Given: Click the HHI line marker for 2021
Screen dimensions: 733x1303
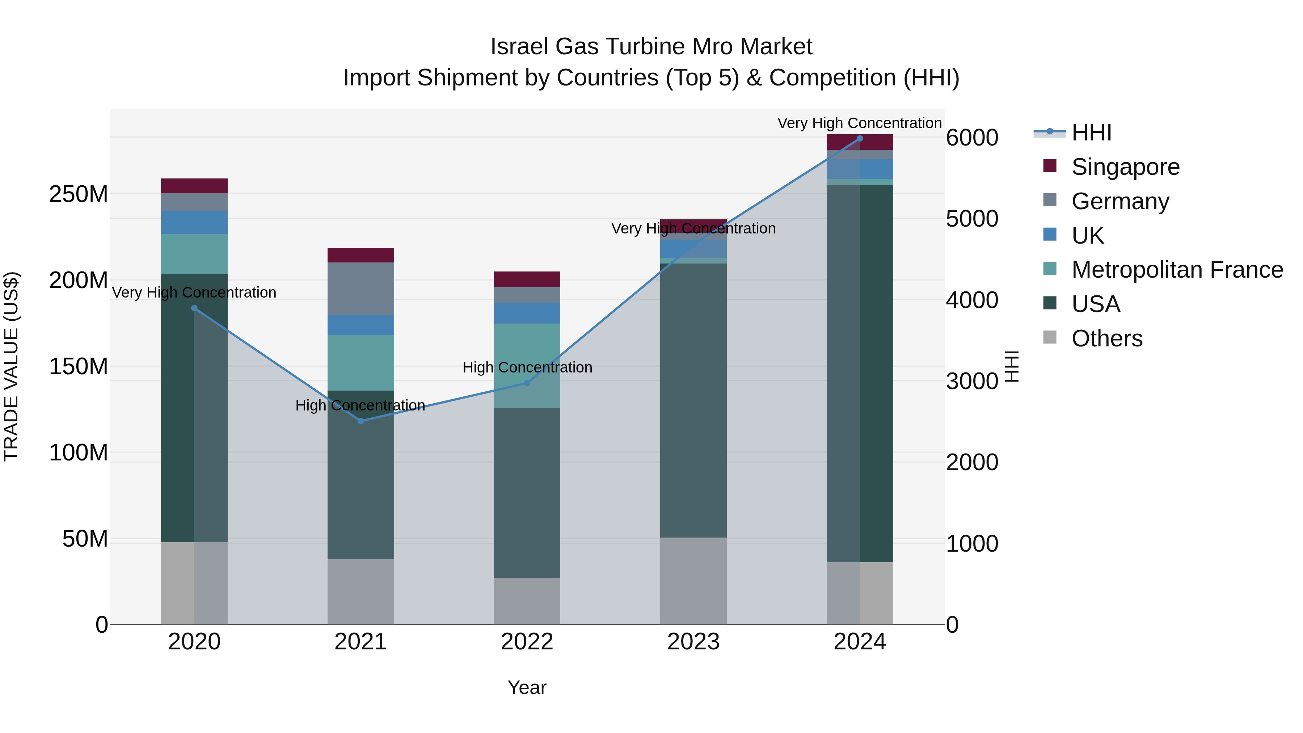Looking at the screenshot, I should pyautogui.click(x=360, y=421).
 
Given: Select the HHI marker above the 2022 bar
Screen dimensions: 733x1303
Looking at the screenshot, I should pyautogui.click(x=527, y=383).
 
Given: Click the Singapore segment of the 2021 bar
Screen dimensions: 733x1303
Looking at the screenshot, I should pyautogui.click(x=360, y=255).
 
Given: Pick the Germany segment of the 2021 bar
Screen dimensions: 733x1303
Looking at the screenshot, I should pyautogui.click(x=360, y=288).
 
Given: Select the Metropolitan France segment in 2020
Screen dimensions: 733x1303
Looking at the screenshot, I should pyautogui.click(x=194, y=254).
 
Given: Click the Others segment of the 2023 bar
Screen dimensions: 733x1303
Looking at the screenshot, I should pyautogui.click(x=693, y=580).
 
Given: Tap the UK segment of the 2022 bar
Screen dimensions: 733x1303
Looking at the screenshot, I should pyautogui.click(x=527, y=313).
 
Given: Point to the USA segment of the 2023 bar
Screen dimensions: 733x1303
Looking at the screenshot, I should pyautogui.click(x=693, y=400).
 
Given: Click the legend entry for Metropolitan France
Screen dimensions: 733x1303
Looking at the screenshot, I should pyautogui.click(x=1177, y=270).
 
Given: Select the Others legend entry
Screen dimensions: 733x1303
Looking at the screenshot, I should pyautogui.click(x=1107, y=338).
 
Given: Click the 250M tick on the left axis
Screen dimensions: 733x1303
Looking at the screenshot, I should pyautogui.click(x=79, y=194).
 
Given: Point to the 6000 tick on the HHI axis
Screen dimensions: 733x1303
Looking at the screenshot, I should pyautogui.click(x=972, y=138).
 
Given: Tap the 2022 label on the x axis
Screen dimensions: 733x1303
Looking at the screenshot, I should pyautogui.click(x=527, y=642).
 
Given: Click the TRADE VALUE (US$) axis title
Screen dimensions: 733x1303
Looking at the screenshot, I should pyautogui.click(x=11, y=366).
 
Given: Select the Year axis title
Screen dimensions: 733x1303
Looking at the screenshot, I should pyautogui.click(x=527, y=687).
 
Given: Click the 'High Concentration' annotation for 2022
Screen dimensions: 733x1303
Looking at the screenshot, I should pyautogui.click(x=527, y=367).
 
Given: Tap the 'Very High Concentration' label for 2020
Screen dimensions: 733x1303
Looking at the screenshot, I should pyautogui.click(x=194, y=292).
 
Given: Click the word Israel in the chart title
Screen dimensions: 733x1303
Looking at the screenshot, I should pyautogui.click(x=519, y=47).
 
